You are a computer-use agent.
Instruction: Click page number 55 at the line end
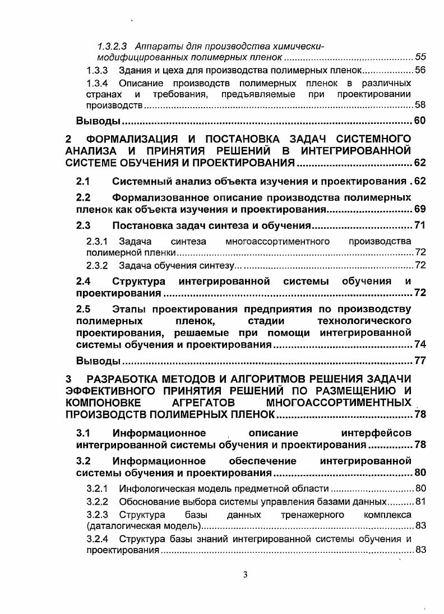pyautogui.click(x=420, y=57)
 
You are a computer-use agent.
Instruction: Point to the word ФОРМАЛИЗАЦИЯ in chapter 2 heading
pyautogui.click(x=132, y=139)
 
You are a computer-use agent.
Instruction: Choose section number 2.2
pyautogui.click(x=84, y=197)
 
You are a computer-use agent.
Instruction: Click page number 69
pyautogui.click(x=420, y=210)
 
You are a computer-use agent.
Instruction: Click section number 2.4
pyautogui.click(x=84, y=280)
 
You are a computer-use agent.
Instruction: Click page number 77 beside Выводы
pyautogui.click(x=420, y=360)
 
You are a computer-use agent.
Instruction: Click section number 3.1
pyautogui.click(x=84, y=433)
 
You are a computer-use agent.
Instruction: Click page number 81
pyautogui.click(x=420, y=501)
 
